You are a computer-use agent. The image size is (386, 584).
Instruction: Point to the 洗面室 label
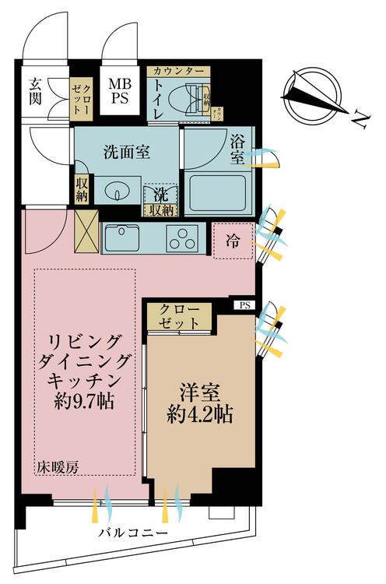pyautogui.click(x=127, y=153)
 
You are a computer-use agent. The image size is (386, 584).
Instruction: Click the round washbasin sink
pyautogui.click(x=118, y=189)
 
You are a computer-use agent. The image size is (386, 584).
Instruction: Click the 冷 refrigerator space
pyautogui.click(x=233, y=241)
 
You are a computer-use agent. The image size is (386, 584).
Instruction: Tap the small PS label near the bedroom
pyautogui.click(x=245, y=305)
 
